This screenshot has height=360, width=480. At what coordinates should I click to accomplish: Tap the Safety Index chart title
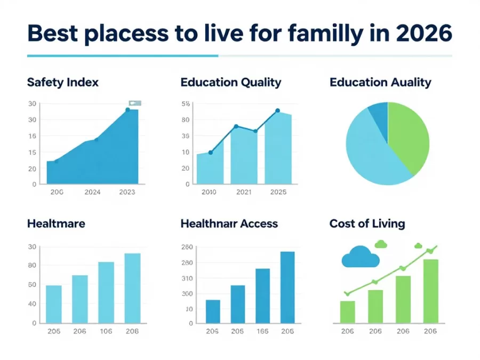point(62,82)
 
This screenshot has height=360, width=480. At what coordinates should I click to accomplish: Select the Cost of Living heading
point(367,223)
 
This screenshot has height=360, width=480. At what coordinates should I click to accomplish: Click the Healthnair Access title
point(229,223)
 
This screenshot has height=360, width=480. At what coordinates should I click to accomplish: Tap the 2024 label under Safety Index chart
point(92,192)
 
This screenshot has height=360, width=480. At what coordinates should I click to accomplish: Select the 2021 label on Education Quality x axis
point(244,192)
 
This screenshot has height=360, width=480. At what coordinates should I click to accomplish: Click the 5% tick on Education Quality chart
point(186,103)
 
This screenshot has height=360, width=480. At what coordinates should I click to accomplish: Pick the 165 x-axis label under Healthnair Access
point(262,331)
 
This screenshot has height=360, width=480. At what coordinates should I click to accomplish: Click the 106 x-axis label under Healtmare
point(106,331)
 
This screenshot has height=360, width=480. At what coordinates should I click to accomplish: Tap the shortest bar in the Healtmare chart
point(54,304)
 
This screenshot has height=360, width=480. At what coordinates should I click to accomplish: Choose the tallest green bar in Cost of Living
point(430,291)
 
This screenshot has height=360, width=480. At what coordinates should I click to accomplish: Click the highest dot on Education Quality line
point(277,111)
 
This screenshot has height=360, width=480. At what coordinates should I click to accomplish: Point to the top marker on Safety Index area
point(127,110)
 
